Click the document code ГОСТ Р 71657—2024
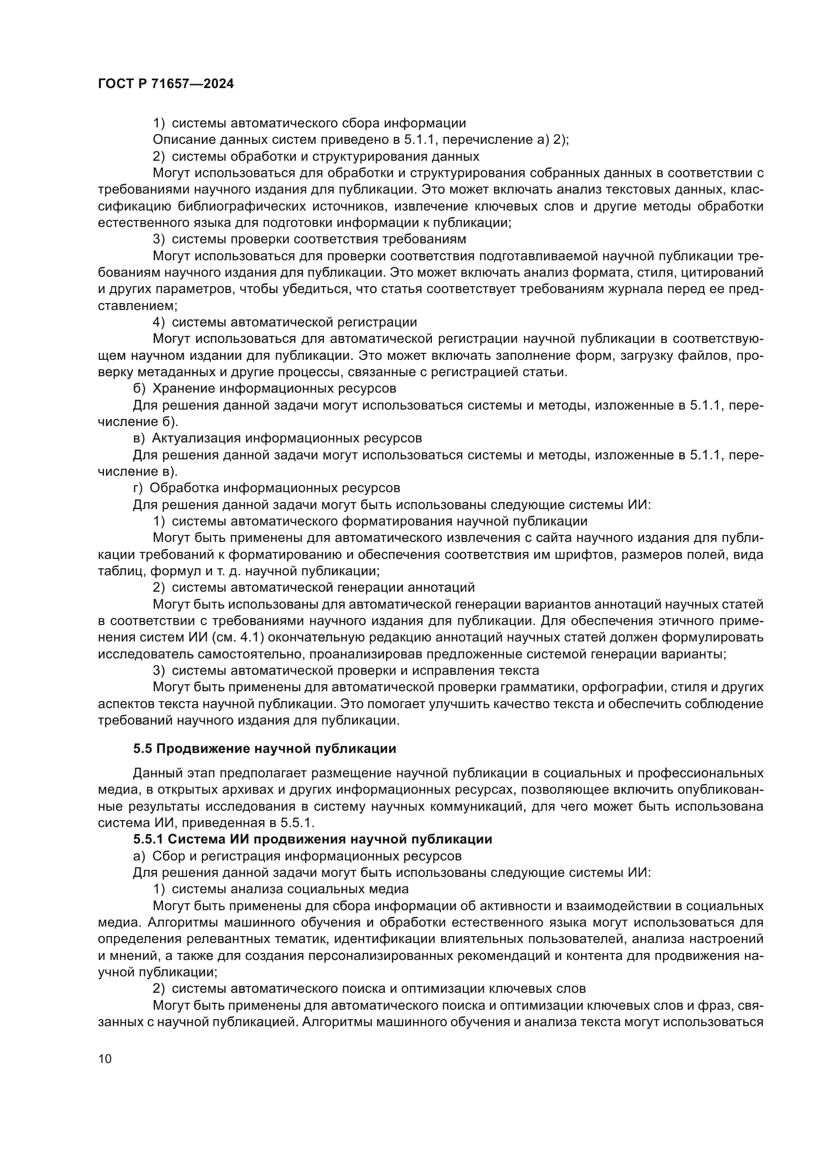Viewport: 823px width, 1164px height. pos(166,84)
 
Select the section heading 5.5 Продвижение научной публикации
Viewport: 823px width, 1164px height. pos(265,749)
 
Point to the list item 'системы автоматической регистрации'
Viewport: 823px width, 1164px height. pos(294,322)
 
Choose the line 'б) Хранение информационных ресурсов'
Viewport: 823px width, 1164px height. pos(264,388)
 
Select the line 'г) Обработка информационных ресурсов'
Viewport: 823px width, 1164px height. pos(266,488)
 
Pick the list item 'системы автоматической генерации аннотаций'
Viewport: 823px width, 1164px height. pos(323,587)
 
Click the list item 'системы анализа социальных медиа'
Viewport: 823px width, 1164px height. pos(290,889)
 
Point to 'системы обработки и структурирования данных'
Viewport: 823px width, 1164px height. pos(325,156)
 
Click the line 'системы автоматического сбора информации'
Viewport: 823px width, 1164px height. pos(319,123)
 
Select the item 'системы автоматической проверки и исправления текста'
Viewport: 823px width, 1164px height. pos(355,670)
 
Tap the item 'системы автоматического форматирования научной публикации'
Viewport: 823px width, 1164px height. pos(379,521)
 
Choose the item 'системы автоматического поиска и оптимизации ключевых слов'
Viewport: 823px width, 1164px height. pos(379,988)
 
